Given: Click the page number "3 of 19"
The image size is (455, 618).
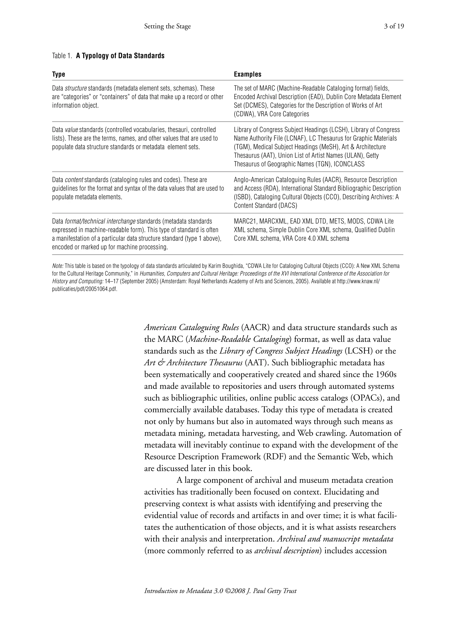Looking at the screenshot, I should [394, 26].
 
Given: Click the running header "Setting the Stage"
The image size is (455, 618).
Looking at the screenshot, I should [168, 26].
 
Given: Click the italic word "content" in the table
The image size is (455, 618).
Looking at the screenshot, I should [74, 180].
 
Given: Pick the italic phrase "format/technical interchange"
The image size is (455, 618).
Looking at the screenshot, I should [100, 221].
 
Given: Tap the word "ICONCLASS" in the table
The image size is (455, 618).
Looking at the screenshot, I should [349, 164].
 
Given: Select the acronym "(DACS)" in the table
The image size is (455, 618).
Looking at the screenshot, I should [287, 206].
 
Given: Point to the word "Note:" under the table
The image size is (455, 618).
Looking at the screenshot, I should [58, 266].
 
